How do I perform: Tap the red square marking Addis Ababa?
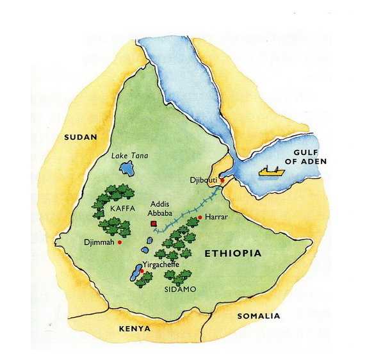pos(152,224)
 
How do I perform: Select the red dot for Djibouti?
pos(222,181)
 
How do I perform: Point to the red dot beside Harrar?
pos(200,218)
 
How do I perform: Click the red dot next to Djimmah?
pos(120,242)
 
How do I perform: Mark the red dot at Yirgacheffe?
pos(142,272)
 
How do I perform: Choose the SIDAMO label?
pos(181,290)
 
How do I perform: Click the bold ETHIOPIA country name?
pos(232,254)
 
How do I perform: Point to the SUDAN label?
pos(80,137)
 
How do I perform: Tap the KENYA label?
pos(134,329)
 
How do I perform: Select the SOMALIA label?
pos(259,316)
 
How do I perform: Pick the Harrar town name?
pos(217,218)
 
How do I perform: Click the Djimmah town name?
pos(99,242)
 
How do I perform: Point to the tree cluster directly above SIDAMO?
pos(177,275)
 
